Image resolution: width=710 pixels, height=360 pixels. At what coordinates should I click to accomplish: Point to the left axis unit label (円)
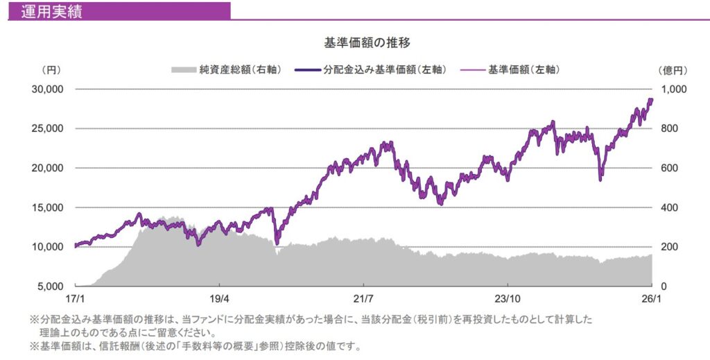click(x=52, y=69)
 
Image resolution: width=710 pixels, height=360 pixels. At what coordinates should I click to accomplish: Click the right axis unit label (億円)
click(x=671, y=69)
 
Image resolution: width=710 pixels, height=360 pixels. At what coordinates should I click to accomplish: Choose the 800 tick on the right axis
click(x=670, y=129)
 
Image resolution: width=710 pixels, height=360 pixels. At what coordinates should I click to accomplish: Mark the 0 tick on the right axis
click(x=664, y=286)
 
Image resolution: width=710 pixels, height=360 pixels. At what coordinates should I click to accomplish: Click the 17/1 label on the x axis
click(x=74, y=298)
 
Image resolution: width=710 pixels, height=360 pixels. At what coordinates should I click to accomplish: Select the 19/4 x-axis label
click(x=219, y=298)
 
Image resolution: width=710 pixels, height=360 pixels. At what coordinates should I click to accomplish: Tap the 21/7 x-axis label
click(x=363, y=298)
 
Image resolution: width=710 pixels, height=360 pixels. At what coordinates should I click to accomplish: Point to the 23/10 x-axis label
click(x=508, y=298)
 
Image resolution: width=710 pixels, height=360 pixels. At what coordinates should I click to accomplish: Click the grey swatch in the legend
click(x=183, y=69)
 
